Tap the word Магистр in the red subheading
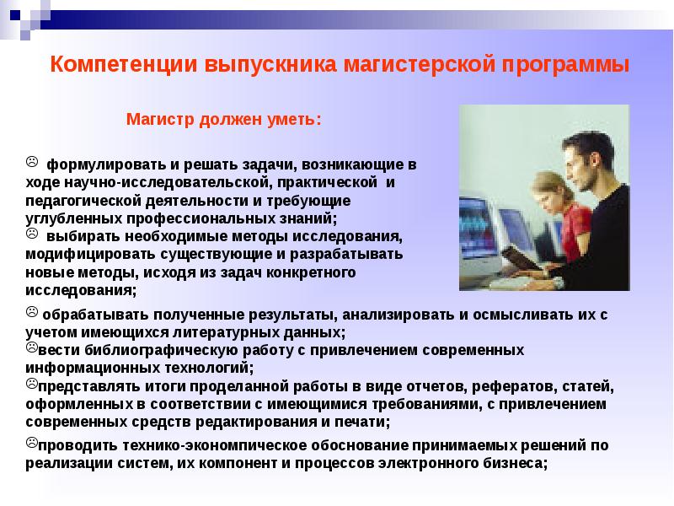coord(160,119)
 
